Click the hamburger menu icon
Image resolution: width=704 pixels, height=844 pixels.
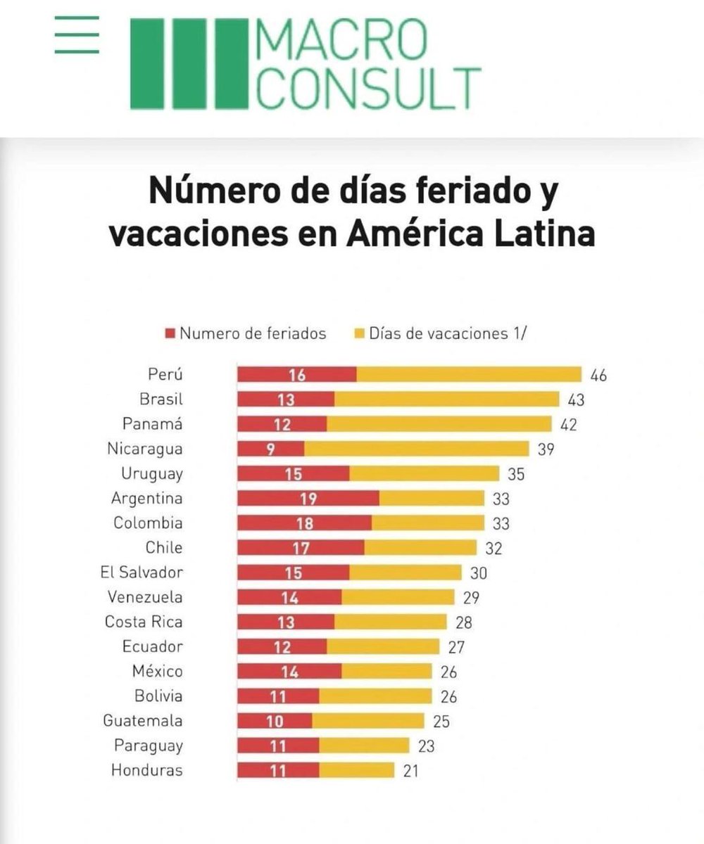click(x=77, y=35)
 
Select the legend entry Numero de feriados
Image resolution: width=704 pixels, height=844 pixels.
click(x=246, y=333)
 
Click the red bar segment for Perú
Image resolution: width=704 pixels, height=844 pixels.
click(x=296, y=375)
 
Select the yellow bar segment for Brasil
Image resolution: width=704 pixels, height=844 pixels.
click(x=446, y=399)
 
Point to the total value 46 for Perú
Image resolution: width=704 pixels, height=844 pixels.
click(x=598, y=375)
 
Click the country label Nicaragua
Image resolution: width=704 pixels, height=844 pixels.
click(x=145, y=449)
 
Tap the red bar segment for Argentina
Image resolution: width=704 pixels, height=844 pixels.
click(x=308, y=499)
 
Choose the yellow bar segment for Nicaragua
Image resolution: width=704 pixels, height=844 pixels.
click(x=416, y=449)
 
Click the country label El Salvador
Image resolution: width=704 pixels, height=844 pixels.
click(x=142, y=573)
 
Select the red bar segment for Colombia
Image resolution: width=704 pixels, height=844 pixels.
click(x=304, y=523)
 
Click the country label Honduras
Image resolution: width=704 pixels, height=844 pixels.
click(x=146, y=770)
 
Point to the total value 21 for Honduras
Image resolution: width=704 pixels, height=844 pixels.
click(x=410, y=770)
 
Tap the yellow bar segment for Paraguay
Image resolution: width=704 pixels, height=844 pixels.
click(x=364, y=746)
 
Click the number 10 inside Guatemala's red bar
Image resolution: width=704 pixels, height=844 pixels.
click(x=274, y=721)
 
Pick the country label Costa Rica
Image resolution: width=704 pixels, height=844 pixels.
click(x=144, y=622)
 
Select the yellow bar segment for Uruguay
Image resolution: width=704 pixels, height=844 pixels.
click(x=424, y=473)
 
